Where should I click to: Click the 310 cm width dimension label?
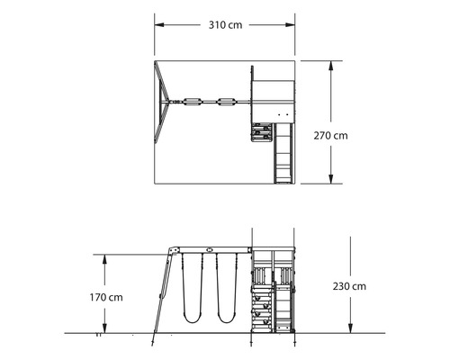point(225,24)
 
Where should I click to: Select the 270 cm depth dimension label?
point(330,136)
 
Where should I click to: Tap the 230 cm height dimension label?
point(348,286)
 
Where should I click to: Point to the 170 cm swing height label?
point(106,296)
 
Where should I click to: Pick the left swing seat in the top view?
point(193,102)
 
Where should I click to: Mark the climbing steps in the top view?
point(261,133)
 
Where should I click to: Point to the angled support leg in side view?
point(162,292)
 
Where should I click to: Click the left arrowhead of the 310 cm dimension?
point(156,24)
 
